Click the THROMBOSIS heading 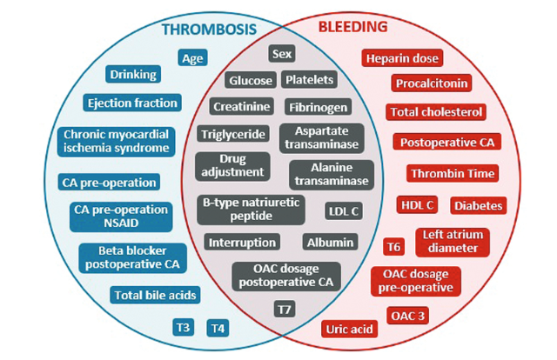(x=208, y=30)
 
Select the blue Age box (x=192, y=58)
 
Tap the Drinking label (x=133, y=74)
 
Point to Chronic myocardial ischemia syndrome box (x=116, y=141)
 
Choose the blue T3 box (x=182, y=328)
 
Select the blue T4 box (x=217, y=328)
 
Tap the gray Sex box (x=282, y=54)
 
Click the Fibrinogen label (x=318, y=107)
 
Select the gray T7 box (x=285, y=310)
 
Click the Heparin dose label (x=402, y=58)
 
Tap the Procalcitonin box (x=432, y=83)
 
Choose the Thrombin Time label (x=452, y=173)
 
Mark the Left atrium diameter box (x=450, y=241)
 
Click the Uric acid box (x=350, y=329)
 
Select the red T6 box (x=394, y=246)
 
